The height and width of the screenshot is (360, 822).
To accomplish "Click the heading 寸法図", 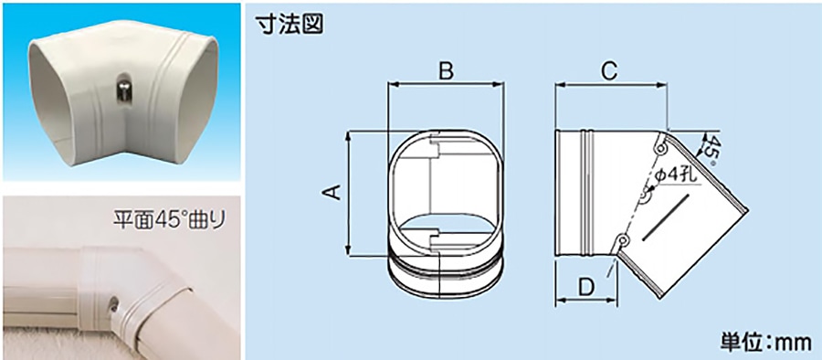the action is click(289, 24).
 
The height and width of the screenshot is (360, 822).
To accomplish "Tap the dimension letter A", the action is click(332, 193).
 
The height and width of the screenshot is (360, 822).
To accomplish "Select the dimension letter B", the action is click(446, 72).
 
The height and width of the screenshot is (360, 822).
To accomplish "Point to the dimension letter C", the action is click(609, 72).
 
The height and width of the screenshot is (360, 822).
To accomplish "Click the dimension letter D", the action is click(587, 287).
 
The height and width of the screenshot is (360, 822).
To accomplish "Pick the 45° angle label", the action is click(711, 150).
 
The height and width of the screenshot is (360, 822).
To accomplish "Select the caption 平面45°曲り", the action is click(169, 219).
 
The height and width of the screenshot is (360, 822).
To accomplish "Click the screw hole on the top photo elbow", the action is click(121, 92).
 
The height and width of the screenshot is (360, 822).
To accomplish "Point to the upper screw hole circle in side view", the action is click(660, 150).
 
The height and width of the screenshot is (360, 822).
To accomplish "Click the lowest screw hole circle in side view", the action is click(622, 240).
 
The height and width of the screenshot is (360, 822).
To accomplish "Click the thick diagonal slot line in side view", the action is click(664, 217).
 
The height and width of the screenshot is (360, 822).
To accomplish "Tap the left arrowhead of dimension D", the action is click(560, 301).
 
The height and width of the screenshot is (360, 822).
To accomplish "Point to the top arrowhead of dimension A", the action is click(349, 137).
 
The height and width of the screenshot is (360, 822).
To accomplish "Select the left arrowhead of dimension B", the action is click(392, 84).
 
